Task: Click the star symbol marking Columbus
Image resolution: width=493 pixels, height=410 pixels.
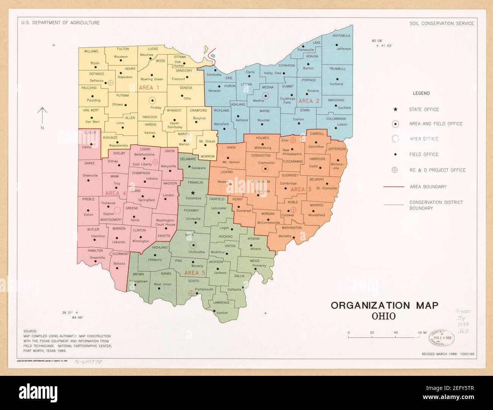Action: click(x=193, y=193)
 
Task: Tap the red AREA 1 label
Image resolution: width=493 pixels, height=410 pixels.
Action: click(x=149, y=88)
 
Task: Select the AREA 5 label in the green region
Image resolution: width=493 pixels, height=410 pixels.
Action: click(x=195, y=273)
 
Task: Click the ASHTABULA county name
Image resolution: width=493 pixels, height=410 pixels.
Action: click(x=341, y=36)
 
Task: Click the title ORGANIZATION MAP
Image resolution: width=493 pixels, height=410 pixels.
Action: click(x=384, y=305)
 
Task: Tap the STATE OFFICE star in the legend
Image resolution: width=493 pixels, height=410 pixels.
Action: click(x=395, y=109)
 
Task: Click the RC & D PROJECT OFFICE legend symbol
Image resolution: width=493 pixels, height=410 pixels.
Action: click(x=395, y=170)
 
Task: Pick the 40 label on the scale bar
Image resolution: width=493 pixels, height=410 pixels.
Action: click(x=396, y=333)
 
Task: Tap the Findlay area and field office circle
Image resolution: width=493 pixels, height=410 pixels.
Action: click(x=152, y=101)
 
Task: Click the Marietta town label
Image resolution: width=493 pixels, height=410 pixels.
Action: click(x=285, y=236)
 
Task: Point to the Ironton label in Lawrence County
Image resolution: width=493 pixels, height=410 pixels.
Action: click(x=222, y=313)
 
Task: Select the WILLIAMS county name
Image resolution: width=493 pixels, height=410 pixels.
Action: click(x=91, y=51)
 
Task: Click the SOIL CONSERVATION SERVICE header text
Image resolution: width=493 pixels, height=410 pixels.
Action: click(x=441, y=23)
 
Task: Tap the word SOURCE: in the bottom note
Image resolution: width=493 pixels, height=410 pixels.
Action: click(x=30, y=331)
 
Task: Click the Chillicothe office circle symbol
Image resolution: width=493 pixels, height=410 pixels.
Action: click(x=193, y=245)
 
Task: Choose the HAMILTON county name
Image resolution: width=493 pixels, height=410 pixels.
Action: click(x=95, y=251)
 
